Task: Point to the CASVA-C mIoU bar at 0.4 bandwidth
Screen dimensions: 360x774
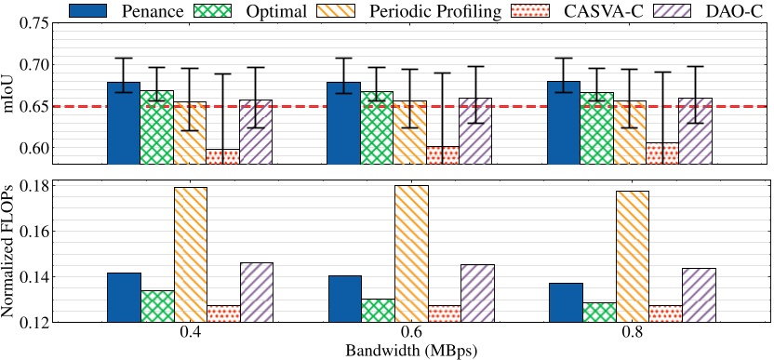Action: tap(222, 157)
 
